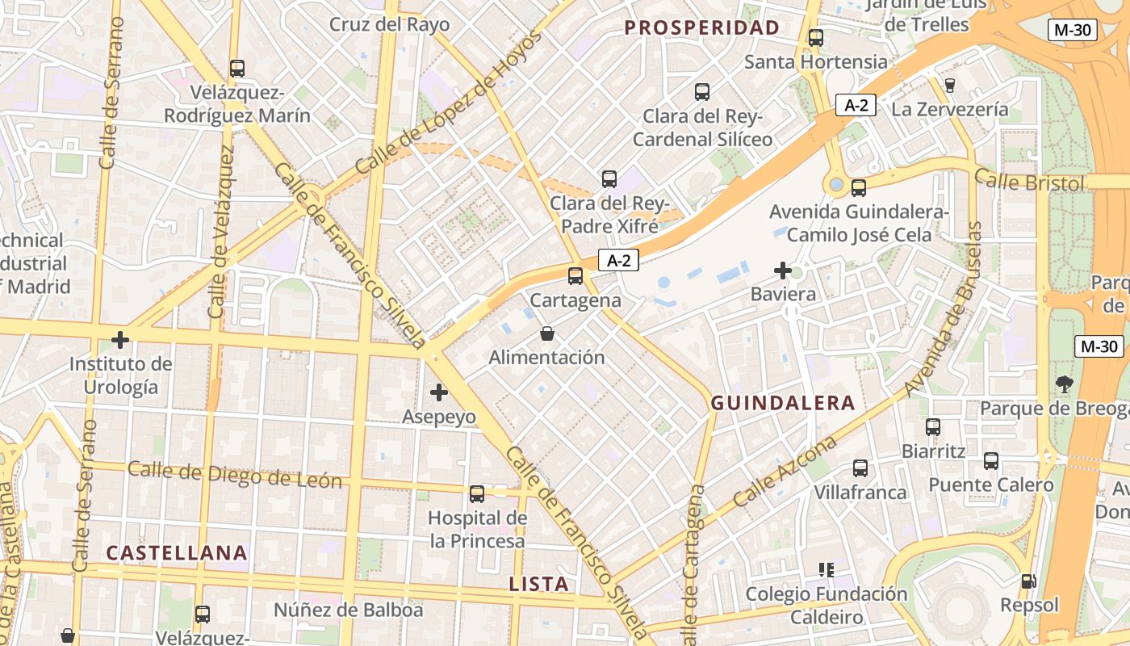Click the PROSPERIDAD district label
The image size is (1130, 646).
pos(702,27)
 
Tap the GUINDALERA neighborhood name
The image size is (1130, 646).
pos(782,403)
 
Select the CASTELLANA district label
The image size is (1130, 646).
pos(177,553)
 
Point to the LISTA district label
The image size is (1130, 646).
pos(539,584)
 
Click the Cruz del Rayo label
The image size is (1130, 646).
pos(389,24)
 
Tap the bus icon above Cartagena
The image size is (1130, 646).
pos(575,276)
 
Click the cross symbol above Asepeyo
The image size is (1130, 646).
pos(439,393)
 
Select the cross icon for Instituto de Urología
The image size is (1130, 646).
pos(120,340)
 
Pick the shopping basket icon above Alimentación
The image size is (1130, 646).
pos(547,333)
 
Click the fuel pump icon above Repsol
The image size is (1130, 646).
pos(1028,581)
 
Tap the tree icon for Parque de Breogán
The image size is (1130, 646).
pos(1064,384)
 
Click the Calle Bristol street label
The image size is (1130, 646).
pos(1029,182)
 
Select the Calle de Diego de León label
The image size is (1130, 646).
pos(235,475)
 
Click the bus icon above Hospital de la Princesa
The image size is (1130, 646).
pos(477,493)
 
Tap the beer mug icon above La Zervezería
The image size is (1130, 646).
pos(949,85)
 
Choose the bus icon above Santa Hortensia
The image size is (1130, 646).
pos(816,37)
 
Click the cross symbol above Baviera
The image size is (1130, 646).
pos(782,271)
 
